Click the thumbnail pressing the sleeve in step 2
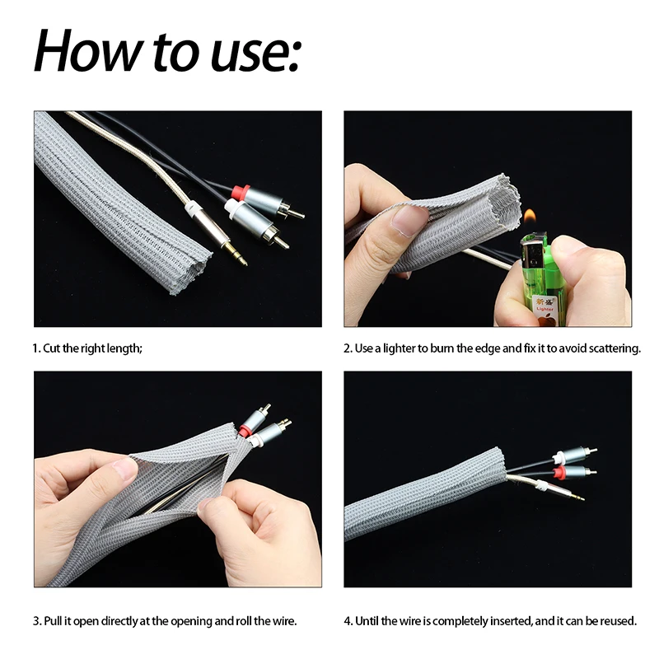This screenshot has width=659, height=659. (409, 220)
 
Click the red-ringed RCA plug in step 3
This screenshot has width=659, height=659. (245, 429)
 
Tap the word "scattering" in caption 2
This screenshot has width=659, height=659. (614, 348)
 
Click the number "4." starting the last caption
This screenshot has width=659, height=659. (348, 620)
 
